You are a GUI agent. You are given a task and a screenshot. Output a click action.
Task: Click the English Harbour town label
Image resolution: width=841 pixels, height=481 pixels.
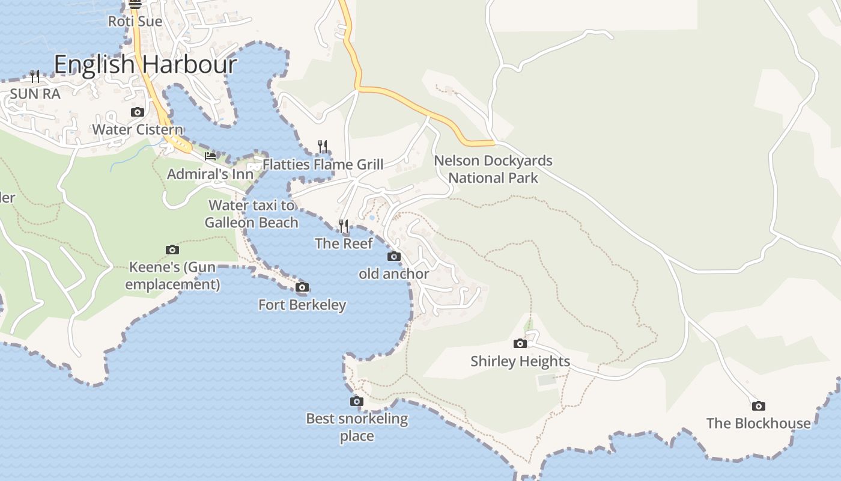[x=145, y=64]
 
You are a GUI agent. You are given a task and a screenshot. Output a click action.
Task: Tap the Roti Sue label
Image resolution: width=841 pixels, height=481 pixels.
[x=135, y=22]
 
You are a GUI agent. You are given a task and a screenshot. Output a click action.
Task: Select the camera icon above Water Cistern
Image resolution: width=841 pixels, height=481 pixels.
[x=138, y=112]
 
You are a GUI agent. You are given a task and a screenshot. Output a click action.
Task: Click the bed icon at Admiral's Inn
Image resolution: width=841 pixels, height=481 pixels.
[x=210, y=156]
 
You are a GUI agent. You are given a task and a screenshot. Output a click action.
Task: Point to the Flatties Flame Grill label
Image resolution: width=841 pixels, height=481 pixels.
[x=323, y=164]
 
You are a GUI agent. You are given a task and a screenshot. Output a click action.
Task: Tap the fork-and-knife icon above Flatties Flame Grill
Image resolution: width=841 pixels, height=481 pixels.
[x=323, y=146]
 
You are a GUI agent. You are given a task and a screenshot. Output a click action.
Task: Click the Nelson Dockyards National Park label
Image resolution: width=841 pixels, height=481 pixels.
[x=493, y=170]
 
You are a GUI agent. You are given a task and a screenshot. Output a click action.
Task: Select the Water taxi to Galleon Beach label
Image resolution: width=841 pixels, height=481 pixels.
[x=252, y=214]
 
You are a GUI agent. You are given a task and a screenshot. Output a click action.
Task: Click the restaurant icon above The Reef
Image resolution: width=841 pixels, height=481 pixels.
[x=344, y=226]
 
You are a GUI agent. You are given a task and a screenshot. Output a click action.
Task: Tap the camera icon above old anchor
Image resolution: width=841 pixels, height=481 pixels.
[x=394, y=257]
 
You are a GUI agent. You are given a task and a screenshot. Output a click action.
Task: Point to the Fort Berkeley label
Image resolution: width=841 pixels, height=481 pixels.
[x=302, y=305]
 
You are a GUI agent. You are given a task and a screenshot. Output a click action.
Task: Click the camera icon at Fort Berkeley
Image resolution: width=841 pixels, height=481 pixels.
[x=302, y=287]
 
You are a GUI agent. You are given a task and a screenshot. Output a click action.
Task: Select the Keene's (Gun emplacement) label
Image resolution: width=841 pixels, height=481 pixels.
[x=172, y=275]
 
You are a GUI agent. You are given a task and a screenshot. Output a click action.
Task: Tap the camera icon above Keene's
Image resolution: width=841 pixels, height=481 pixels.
[x=172, y=250]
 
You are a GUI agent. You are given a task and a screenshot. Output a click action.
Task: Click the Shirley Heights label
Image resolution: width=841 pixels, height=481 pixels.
[x=520, y=361]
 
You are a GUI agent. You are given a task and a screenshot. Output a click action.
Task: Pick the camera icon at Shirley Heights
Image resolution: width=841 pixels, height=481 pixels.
[x=520, y=344]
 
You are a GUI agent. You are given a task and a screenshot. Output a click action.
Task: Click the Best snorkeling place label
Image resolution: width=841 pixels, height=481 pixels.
[x=357, y=427]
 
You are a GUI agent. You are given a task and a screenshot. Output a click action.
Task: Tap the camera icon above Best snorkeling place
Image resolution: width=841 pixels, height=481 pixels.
[x=357, y=401]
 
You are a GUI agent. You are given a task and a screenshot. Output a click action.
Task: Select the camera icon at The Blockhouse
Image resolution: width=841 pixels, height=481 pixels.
[x=759, y=406]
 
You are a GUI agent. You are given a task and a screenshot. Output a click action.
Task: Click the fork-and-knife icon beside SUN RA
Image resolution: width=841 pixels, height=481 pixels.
[x=35, y=76]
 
